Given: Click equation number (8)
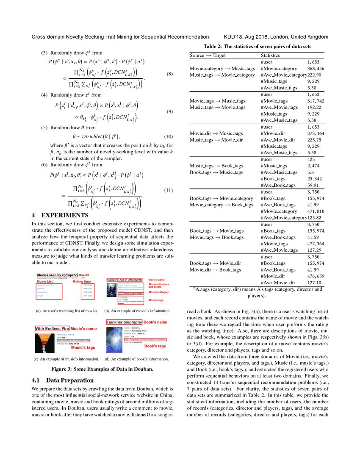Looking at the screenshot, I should (169, 75).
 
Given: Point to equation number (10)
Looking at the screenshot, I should (168, 136).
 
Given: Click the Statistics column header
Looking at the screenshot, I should (270, 55).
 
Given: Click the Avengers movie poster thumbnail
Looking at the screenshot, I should (111, 292).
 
